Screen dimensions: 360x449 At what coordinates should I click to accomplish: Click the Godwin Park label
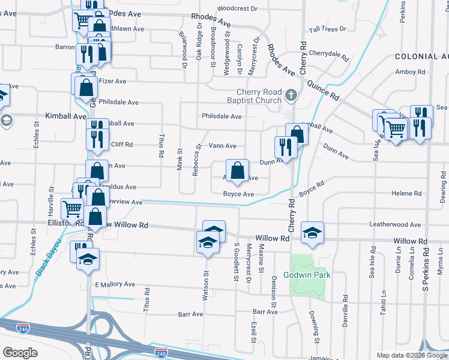point(307,275)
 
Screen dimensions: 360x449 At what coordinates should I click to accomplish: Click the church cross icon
point(291,95)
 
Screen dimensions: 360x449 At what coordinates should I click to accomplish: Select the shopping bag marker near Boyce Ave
point(238,170)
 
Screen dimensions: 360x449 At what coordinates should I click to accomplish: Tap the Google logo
point(20,352)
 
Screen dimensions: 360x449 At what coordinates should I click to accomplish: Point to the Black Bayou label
point(47,257)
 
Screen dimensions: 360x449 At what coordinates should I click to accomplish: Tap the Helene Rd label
point(407,194)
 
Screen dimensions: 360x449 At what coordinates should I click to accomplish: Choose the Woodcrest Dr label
point(237,9)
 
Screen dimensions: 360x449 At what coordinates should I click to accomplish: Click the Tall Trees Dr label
point(327,29)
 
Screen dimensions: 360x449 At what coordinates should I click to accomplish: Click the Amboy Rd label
point(410,72)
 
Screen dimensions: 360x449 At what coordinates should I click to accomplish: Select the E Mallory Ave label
point(115,284)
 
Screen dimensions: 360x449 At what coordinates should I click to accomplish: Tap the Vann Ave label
point(222,146)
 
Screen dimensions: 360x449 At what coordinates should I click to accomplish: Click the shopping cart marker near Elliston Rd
point(72,209)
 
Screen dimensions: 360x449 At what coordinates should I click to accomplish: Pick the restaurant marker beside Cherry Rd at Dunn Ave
point(285,148)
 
